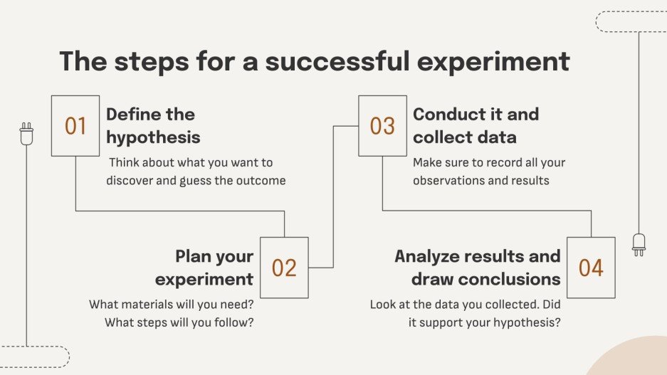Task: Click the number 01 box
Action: coord(75,126)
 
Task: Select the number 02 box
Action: coord(284,268)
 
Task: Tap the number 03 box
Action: coord(382,126)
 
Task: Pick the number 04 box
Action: coord(591,268)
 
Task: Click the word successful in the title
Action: coord(337,60)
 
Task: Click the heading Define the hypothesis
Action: coord(153,126)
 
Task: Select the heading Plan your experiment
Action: coord(204,268)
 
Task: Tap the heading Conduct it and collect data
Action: coord(476,126)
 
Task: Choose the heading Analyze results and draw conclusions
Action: coord(477,268)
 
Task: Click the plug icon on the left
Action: coord(26,134)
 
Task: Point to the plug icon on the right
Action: coord(639,245)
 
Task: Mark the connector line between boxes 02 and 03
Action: coord(333,197)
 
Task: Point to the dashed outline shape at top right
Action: coord(631,21)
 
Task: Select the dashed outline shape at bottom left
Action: coord(35,356)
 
